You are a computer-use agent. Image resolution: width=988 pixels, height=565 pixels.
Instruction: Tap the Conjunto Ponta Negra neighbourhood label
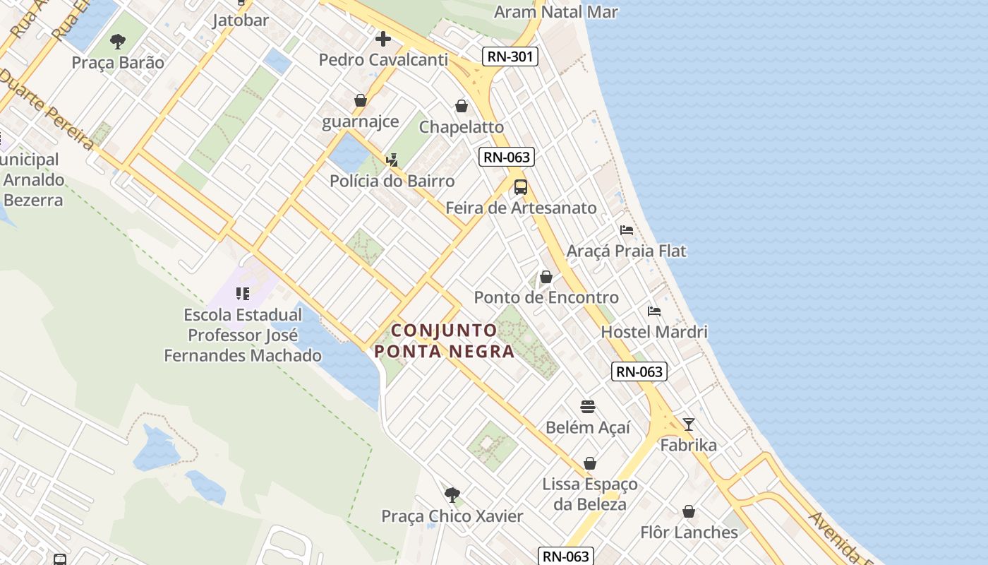pyautogui.click(x=445, y=340)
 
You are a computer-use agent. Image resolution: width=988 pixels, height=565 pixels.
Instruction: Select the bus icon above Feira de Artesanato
pyautogui.click(x=521, y=187)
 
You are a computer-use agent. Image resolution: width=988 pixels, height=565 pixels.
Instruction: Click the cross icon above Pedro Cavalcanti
pyautogui.click(x=383, y=38)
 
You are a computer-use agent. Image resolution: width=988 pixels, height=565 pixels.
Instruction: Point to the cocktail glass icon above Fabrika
pyautogui.click(x=689, y=424)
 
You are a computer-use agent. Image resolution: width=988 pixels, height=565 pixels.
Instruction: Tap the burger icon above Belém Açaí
pyautogui.click(x=588, y=406)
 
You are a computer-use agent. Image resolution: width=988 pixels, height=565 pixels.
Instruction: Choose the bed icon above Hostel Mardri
pyautogui.click(x=654, y=311)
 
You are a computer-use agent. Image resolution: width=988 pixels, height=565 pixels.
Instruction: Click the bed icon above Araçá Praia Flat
pyautogui.click(x=626, y=230)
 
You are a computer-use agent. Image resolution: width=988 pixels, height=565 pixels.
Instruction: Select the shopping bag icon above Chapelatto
pyautogui.click(x=462, y=106)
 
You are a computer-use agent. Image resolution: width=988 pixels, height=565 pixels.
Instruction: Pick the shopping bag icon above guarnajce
pyautogui.click(x=361, y=100)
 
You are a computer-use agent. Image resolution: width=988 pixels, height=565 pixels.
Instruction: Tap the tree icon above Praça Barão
pyautogui.click(x=118, y=41)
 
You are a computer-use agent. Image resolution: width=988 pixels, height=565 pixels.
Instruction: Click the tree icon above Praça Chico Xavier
pyautogui.click(x=452, y=494)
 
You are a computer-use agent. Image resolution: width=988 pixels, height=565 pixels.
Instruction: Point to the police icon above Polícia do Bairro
pyautogui.click(x=392, y=160)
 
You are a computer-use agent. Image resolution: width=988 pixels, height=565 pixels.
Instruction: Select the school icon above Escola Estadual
pyautogui.click(x=243, y=293)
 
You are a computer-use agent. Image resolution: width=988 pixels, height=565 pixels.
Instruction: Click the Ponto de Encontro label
pyautogui.click(x=546, y=297)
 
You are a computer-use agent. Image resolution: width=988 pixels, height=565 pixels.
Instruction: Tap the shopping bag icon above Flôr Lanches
pyautogui.click(x=689, y=511)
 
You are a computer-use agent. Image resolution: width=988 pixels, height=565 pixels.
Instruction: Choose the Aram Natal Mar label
pyautogui.click(x=556, y=12)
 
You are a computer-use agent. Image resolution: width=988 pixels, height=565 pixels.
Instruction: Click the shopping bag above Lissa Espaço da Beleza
pyautogui.click(x=590, y=463)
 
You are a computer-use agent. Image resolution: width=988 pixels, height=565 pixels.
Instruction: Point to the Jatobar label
pyautogui.click(x=241, y=20)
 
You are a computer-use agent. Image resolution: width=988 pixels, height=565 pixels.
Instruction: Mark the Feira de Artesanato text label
pyautogui.click(x=521, y=208)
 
